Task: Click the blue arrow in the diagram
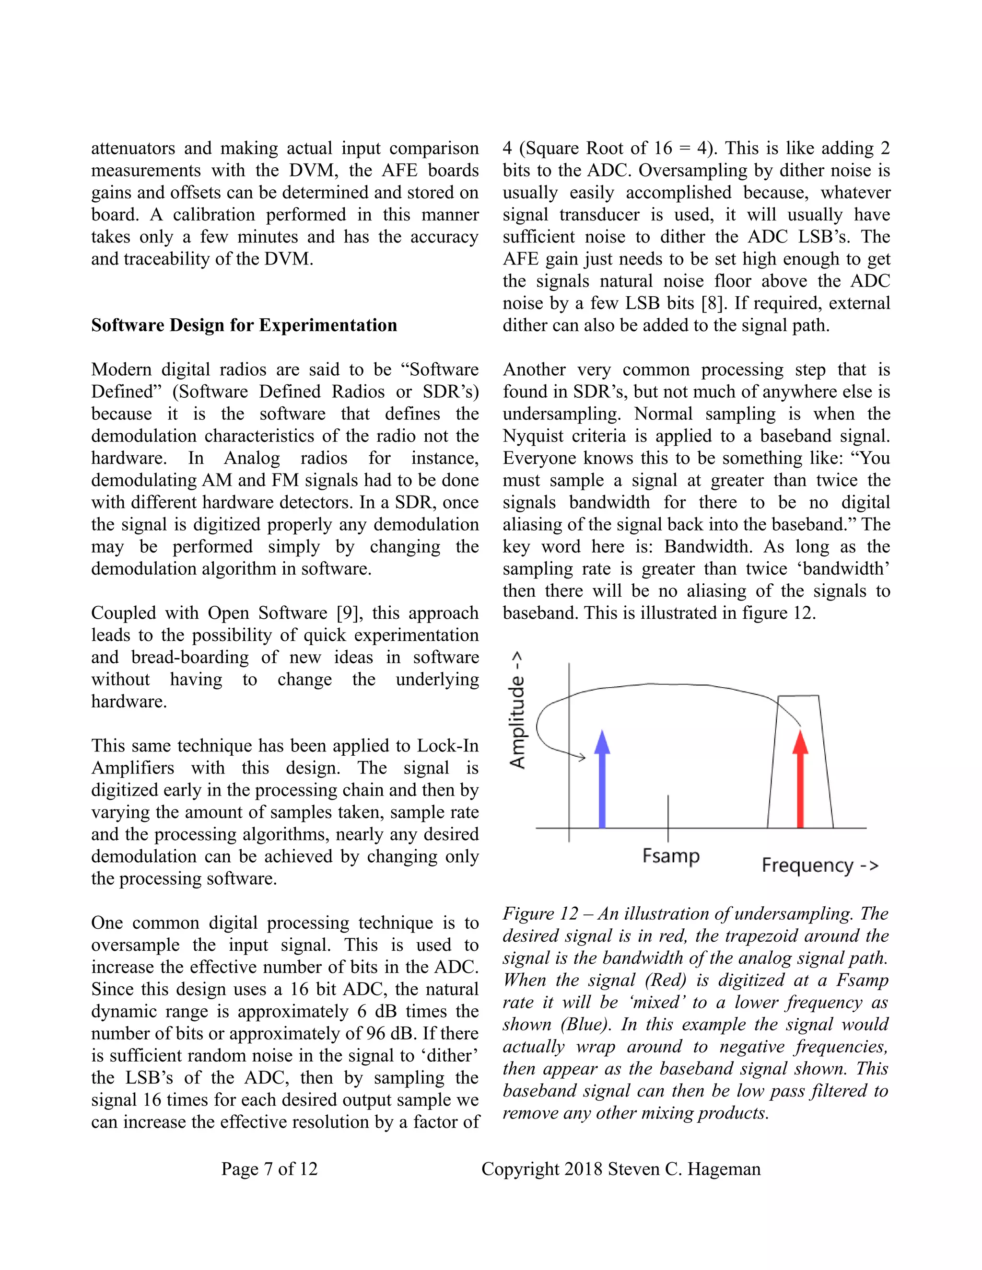click(602, 782)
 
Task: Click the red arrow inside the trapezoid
click(800, 782)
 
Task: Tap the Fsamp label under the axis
click(671, 856)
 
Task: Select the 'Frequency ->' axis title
click(819, 865)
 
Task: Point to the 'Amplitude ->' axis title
click(517, 710)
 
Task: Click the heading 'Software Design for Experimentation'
click(244, 325)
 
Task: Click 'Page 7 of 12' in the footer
click(269, 1169)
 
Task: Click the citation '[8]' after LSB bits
click(713, 303)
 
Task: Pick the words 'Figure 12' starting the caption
click(540, 913)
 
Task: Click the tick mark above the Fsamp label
click(668, 817)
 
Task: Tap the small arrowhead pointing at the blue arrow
click(581, 757)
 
